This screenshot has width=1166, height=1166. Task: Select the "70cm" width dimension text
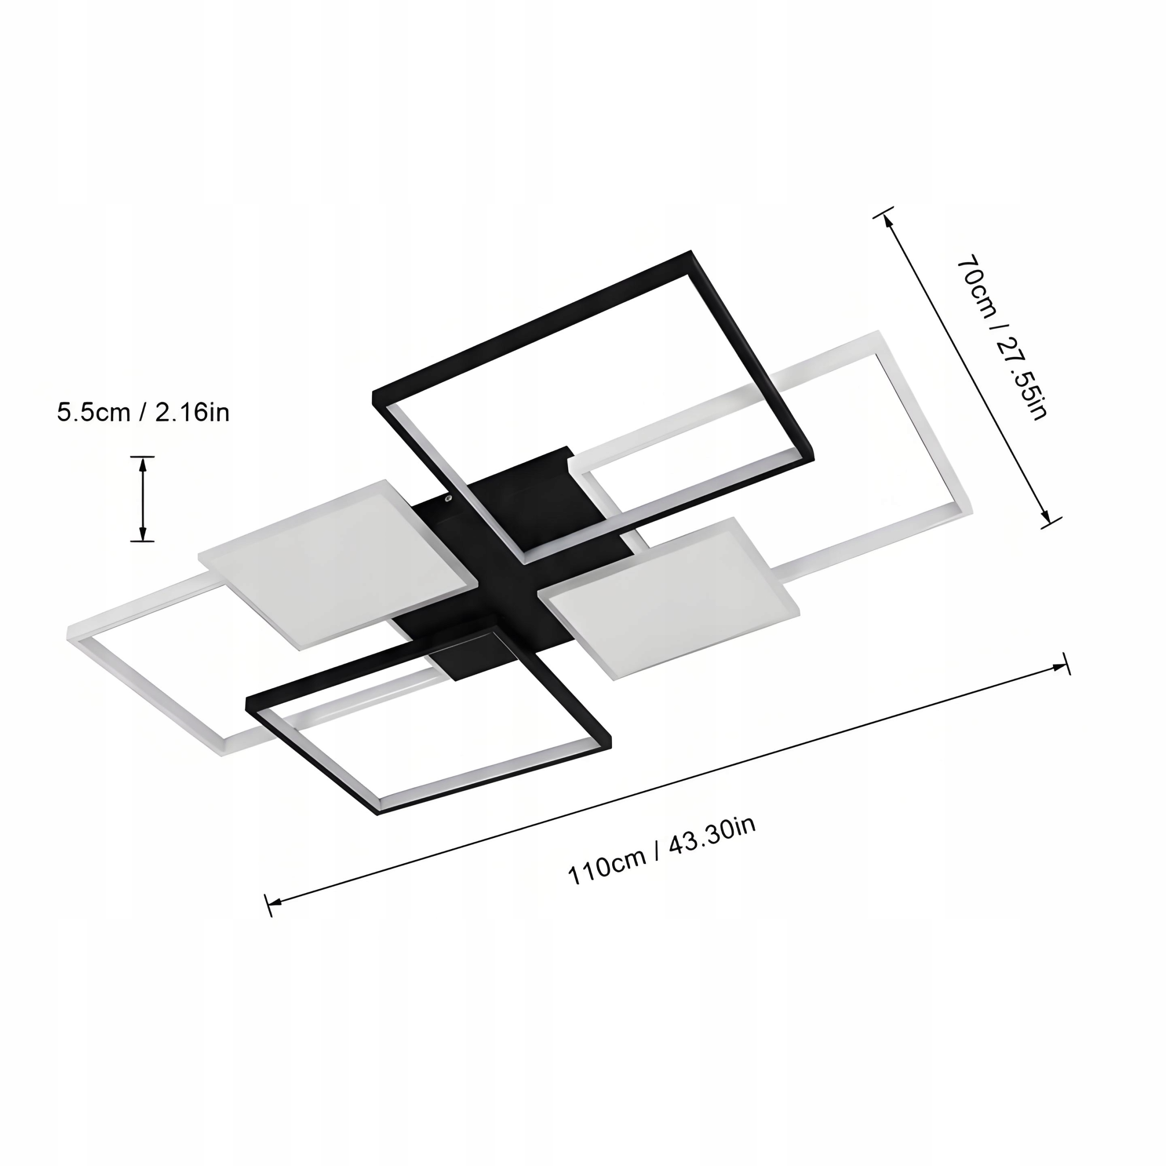click(978, 288)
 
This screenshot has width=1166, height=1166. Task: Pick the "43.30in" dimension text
click(711, 836)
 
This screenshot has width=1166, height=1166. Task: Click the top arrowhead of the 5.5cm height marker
click(143, 465)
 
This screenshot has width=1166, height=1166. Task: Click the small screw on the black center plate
click(448, 498)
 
